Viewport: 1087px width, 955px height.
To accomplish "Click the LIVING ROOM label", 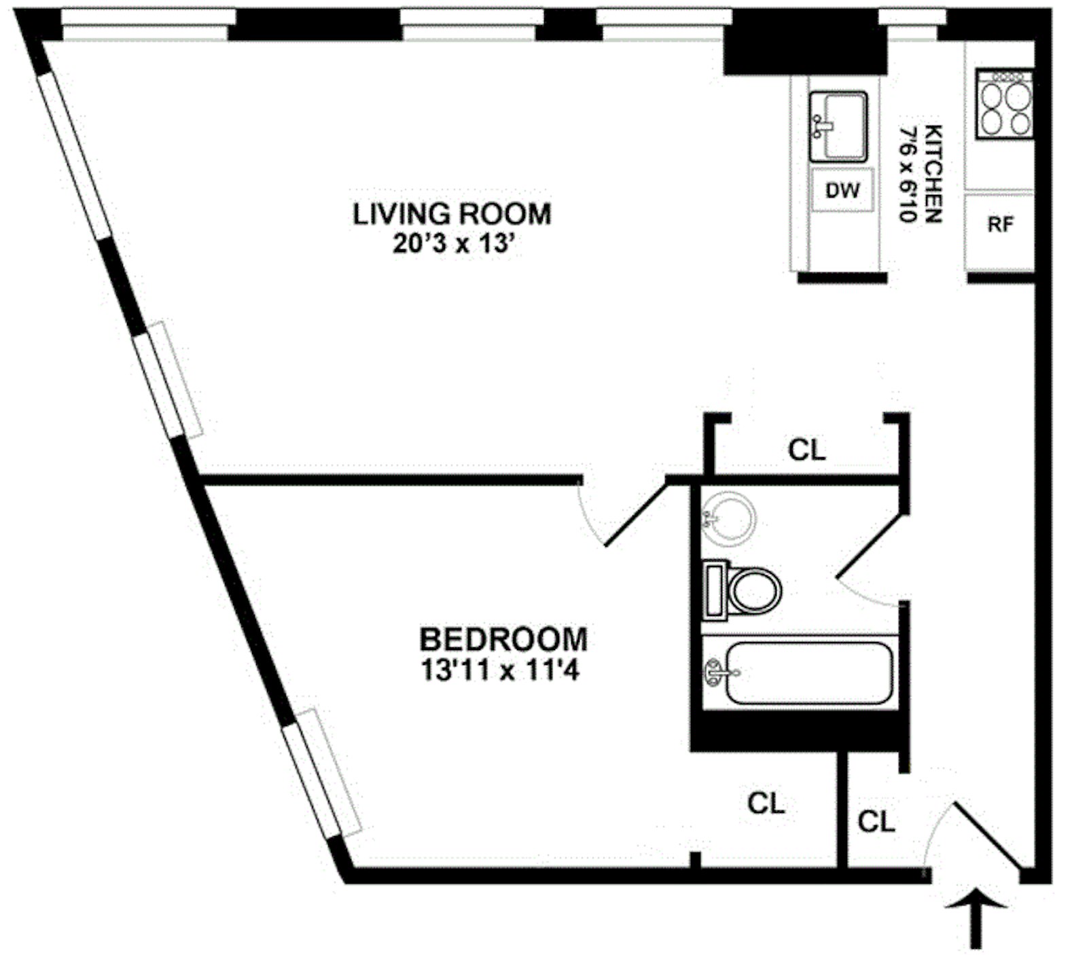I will click(x=452, y=214).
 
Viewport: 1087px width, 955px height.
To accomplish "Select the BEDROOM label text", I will click(x=503, y=640).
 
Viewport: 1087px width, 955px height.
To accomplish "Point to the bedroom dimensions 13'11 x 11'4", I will click(x=500, y=671).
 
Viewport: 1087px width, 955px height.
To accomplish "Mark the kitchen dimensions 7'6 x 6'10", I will click(x=908, y=173).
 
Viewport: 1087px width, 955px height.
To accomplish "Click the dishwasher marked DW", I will click(x=842, y=191).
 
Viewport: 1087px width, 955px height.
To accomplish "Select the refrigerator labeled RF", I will click(x=1000, y=225).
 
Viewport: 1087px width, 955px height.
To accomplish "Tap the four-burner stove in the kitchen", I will click(x=1004, y=104).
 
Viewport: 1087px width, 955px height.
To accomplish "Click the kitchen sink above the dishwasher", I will click(x=838, y=126).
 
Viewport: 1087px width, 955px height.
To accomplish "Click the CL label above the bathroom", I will click(x=806, y=450).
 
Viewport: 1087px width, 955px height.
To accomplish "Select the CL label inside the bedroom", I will click(x=766, y=804).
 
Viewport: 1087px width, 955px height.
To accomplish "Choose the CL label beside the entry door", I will click(x=876, y=822).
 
